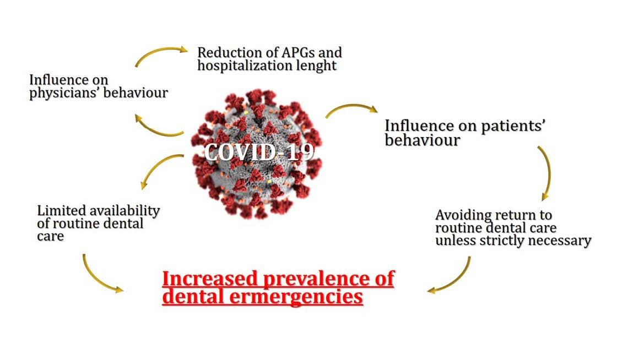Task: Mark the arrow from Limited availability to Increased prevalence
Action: click(99, 275)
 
